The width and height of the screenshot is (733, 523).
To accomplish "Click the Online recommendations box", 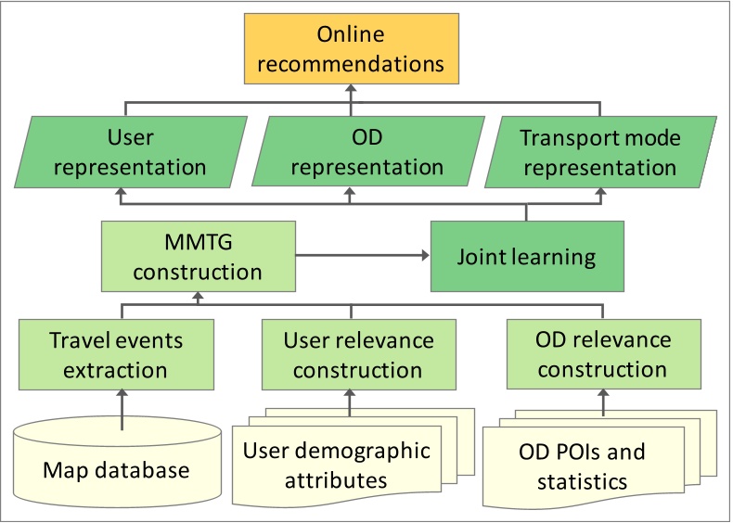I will (350, 49).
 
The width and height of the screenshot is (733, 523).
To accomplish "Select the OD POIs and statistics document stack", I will (580, 466).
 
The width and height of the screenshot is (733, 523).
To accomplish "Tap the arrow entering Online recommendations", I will (350, 93).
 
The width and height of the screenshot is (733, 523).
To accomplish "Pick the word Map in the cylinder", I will (65, 470).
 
